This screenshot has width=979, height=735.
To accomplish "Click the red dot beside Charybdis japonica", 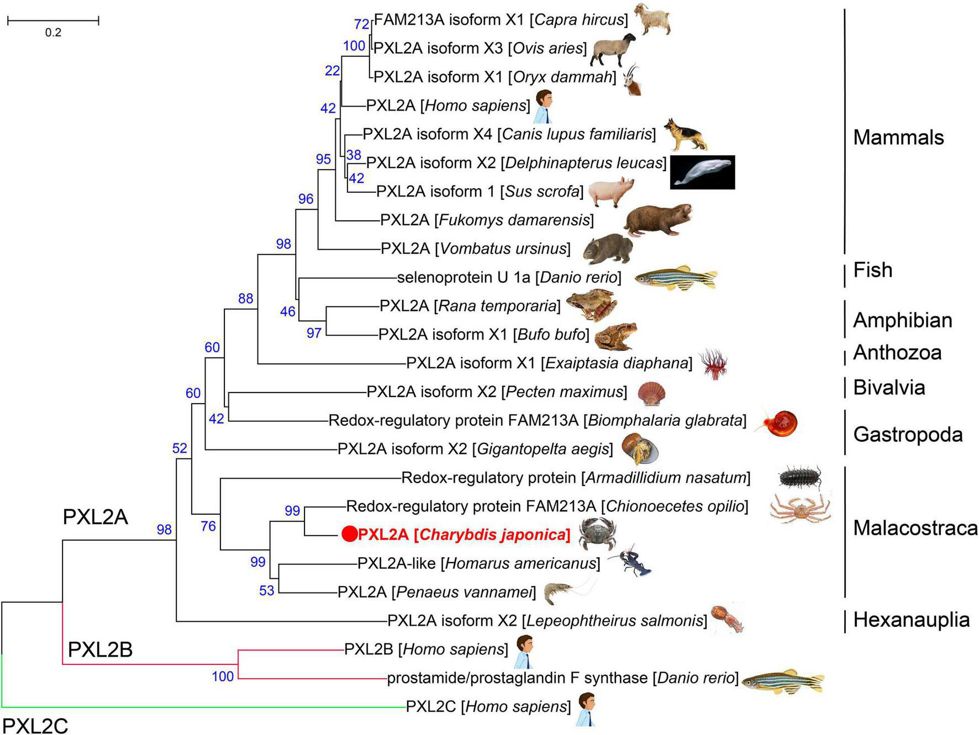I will (x=349, y=534).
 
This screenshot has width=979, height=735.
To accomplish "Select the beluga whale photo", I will (x=702, y=172).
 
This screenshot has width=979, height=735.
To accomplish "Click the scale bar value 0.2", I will (x=53, y=33).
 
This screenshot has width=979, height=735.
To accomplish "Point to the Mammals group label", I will (x=898, y=138).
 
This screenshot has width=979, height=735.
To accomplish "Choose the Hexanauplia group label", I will (x=911, y=620).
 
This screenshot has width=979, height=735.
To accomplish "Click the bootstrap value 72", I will (x=361, y=24).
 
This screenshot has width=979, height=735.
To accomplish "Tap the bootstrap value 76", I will (x=208, y=526).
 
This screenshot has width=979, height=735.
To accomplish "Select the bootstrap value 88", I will (x=245, y=299).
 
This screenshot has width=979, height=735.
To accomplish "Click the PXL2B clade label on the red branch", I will (x=100, y=649).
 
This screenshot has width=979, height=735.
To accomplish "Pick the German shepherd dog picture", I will (x=685, y=134).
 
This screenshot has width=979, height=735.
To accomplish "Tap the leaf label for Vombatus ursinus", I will (x=476, y=248).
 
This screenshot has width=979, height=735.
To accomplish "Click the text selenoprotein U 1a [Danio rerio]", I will (x=509, y=277).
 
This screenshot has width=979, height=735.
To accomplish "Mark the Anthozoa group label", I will (x=897, y=352).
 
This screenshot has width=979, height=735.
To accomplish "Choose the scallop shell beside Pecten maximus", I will (x=651, y=393).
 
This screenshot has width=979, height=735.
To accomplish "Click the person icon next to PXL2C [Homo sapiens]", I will (x=587, y=708).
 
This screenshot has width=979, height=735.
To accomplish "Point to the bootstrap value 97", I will (x=314, y=333).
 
